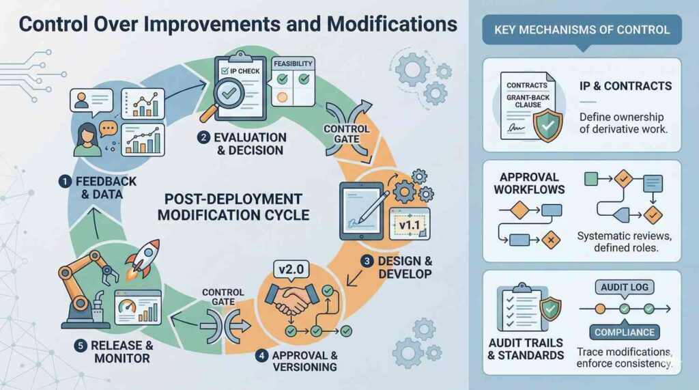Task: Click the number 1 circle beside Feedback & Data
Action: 63,182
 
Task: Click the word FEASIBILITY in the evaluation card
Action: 293,64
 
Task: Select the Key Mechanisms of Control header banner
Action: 582,29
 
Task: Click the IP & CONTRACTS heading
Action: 624,87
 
